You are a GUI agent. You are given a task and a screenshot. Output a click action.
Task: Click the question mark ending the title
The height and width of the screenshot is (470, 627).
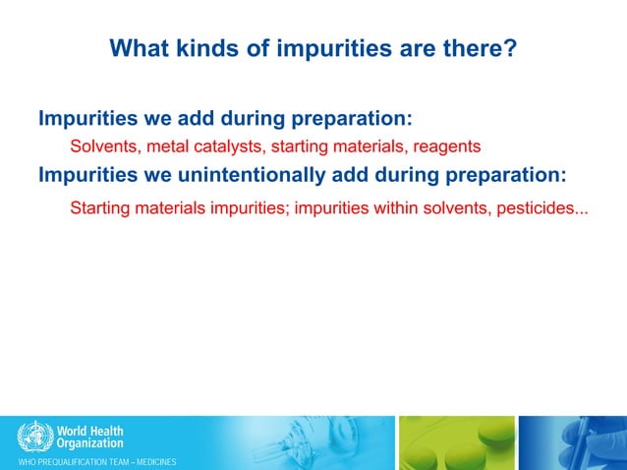coord(510,47)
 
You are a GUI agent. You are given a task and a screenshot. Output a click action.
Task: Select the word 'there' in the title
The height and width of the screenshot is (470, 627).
coord(471,47)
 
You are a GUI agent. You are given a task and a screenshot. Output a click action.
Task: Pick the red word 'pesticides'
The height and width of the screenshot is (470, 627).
coord(540,208)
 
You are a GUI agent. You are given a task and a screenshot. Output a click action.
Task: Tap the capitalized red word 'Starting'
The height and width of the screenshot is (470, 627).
coord(101,208)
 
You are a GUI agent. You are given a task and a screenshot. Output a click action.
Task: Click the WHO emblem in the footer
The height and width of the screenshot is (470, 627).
coord(35,435)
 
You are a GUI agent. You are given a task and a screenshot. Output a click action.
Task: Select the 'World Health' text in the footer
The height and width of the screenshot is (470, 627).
coord(90,430)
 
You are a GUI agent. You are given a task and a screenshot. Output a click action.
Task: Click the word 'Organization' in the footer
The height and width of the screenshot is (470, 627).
coord(89,443)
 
